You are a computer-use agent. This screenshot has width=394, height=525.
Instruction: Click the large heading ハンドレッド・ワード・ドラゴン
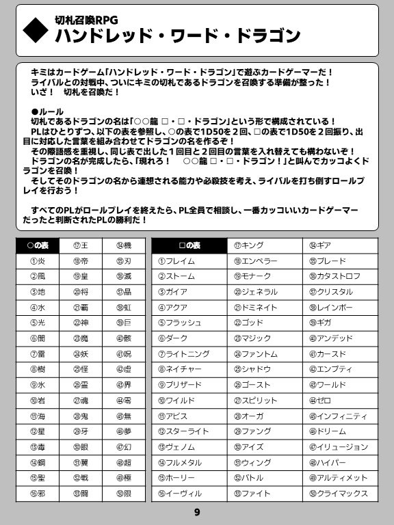coord(178,36)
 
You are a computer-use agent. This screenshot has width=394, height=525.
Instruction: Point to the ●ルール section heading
coord(47,111)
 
